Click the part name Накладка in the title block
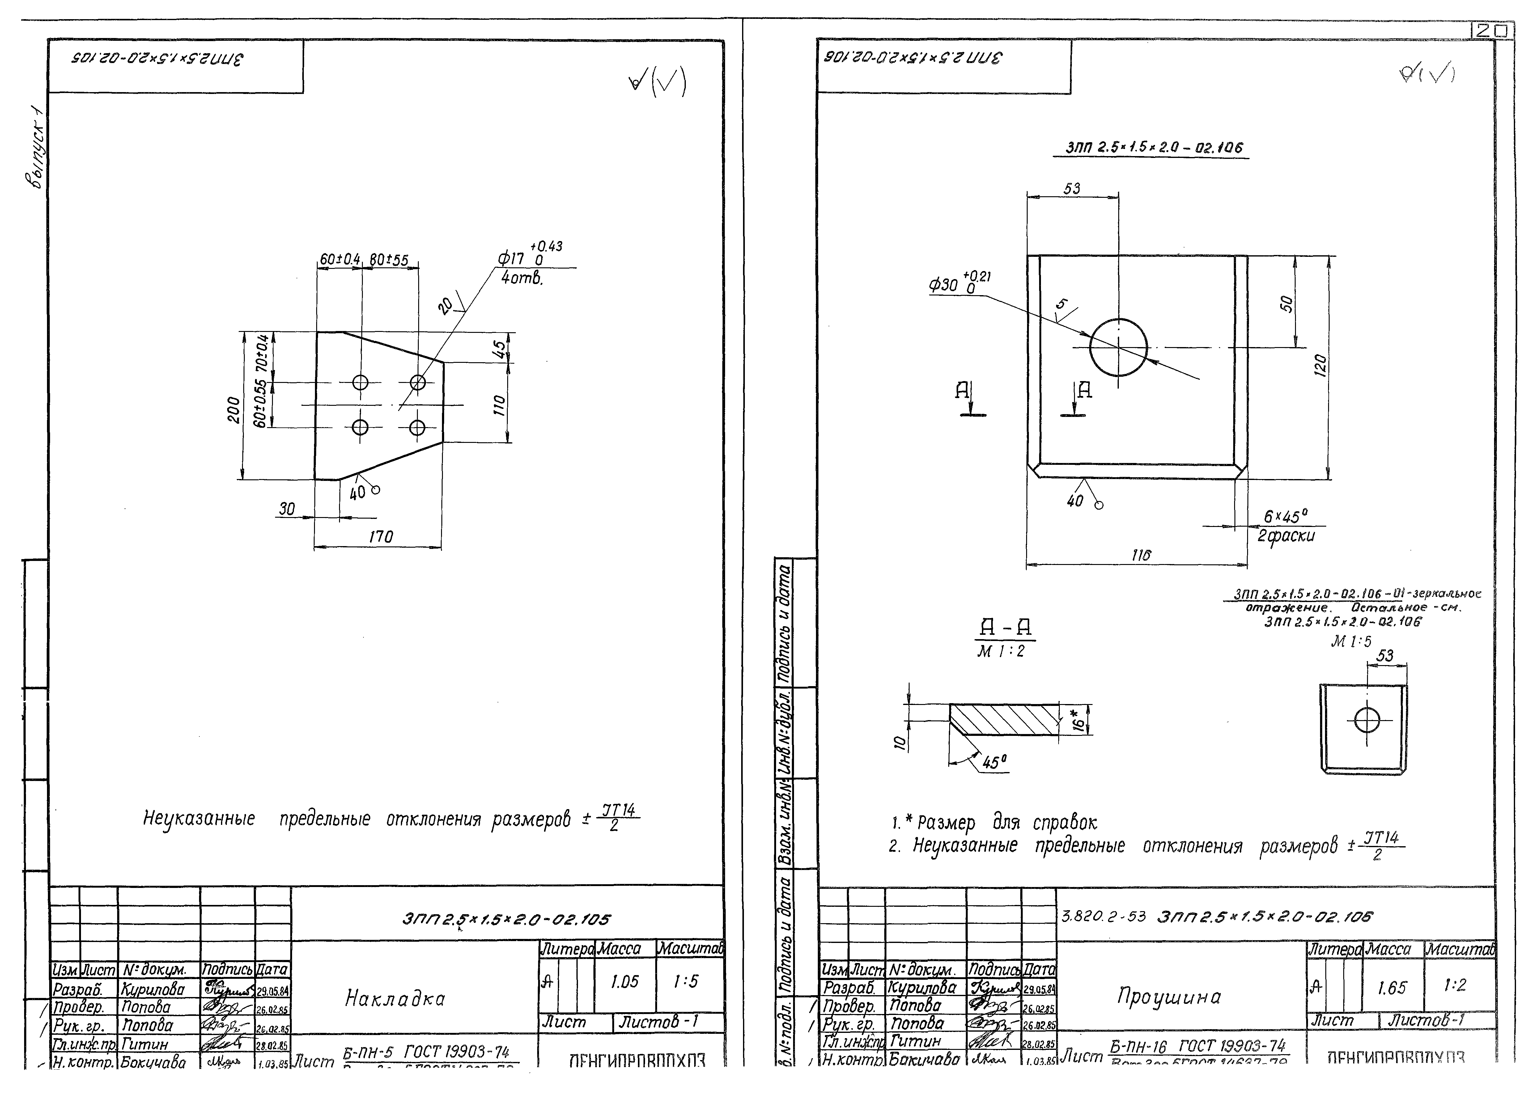[x=395, y=998]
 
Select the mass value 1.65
[x=1391, y=988]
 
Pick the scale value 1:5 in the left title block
[x=686, y=982]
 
